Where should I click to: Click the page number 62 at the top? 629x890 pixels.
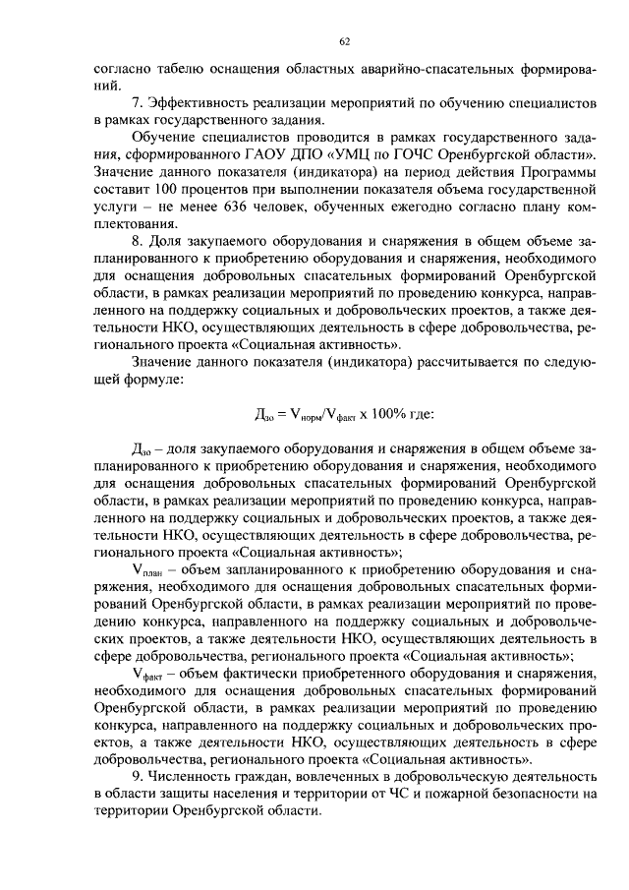pos(344,41)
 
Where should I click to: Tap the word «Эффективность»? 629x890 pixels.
pos(198,103)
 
